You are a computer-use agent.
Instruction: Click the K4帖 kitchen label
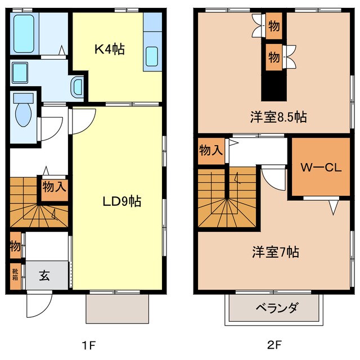109,49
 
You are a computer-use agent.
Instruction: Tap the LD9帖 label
121,201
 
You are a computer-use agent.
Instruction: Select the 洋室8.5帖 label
278,118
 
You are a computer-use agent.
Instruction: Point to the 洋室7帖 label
274,253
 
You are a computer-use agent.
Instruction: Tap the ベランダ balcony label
276,308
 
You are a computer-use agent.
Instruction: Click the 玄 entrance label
45,275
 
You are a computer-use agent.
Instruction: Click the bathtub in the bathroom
24,34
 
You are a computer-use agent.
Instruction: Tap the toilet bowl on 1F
24,112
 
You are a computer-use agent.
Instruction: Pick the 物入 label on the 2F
211,150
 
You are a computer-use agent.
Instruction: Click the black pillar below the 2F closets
274,87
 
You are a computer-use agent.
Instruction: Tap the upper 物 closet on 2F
274,26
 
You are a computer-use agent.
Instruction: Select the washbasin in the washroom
21,71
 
